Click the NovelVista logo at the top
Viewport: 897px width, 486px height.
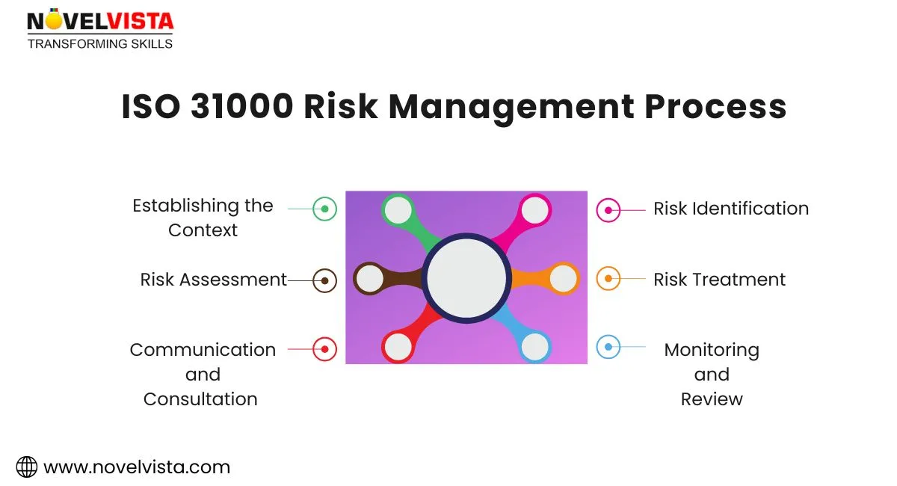click(x=100, y=28)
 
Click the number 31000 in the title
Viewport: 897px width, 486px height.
click(x=241, y=107)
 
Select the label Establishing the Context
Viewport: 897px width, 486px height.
click(x=203, y=218)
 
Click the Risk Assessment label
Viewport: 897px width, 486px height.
click(x=214, y=280)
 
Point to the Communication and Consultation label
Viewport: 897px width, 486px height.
click(x=202, y=374)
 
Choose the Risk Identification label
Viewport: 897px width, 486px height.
click(x=731, y=209)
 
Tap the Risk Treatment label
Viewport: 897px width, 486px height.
click(x=719, y=280)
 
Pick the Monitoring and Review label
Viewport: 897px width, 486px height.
click(x=712, y=374)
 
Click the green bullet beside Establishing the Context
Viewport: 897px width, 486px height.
click(x=324, y=209)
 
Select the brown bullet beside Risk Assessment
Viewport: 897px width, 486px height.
click(x=324, y=280)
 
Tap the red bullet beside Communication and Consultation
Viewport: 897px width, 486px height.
click(x=324, y=348)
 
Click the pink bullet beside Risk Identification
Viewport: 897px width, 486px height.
click(x=608, y=210)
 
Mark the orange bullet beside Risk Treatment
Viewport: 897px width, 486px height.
click(x=608, y=279)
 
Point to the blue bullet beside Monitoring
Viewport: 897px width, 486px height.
click(x=608, y=347)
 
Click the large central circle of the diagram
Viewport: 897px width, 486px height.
click(x=466, y=278)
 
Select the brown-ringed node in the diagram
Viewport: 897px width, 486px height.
click(x=369, y=279)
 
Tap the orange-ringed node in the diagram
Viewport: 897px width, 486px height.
click(x=564, y=279)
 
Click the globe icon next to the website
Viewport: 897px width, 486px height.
click(x=27, y=467)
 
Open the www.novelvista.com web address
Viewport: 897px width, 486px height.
click(x=137, y=467)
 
